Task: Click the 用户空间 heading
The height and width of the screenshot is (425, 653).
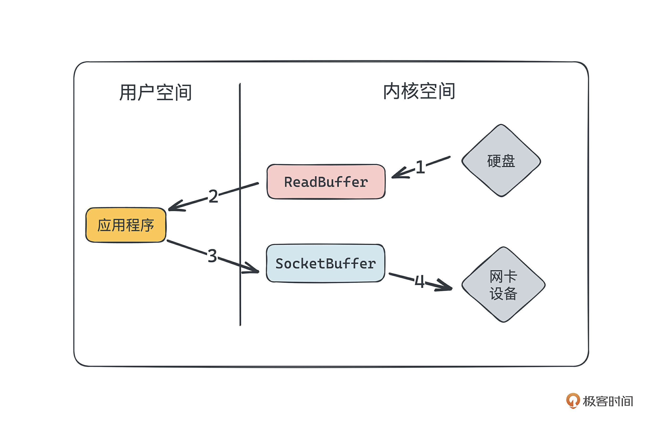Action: click(x=155, y=93)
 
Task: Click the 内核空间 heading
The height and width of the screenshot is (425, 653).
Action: click(x=419, y=91)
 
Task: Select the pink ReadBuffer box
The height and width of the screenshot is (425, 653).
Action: click(x=326, y=182)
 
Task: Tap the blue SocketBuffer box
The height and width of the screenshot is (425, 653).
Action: click(x=325, y=263)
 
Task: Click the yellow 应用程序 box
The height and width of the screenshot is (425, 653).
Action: click(x=126, y=225)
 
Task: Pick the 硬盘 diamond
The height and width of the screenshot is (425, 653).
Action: click(x=501, y=161)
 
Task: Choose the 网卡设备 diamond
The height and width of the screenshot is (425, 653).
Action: click(x=503, y=285)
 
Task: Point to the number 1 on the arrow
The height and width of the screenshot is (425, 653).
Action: click(x=420, y=167)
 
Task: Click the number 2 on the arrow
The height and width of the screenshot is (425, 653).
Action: click(x=213, y=196)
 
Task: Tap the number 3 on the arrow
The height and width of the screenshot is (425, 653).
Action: click(x=212, y=256)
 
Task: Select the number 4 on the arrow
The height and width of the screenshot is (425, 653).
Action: click(x=419, y=282)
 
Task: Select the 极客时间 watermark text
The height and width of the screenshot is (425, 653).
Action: click(x=607, y=401)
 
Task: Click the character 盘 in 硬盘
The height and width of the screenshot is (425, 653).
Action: click(x=508, y=161)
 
